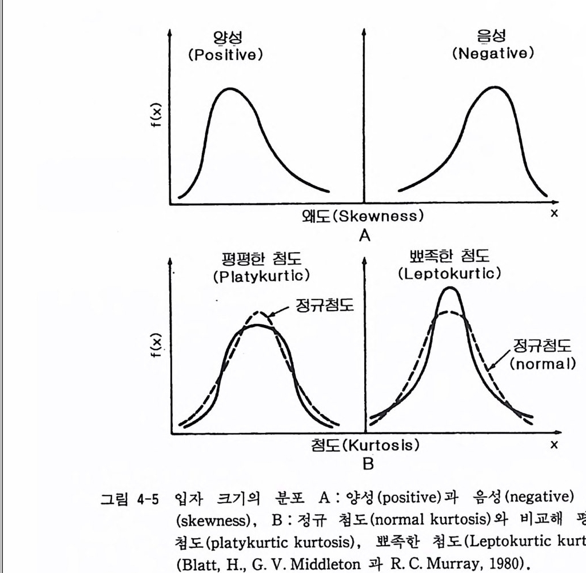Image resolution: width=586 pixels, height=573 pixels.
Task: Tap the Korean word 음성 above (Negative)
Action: [x=492, y=37]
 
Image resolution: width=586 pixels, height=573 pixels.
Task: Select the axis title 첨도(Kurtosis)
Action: [x=366, y=444]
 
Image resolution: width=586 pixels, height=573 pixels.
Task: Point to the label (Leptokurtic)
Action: [x=450, y=273]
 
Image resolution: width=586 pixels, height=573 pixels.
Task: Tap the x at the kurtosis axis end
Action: [x=553, y=443]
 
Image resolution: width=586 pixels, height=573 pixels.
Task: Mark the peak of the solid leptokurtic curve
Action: [x=451, y=287]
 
